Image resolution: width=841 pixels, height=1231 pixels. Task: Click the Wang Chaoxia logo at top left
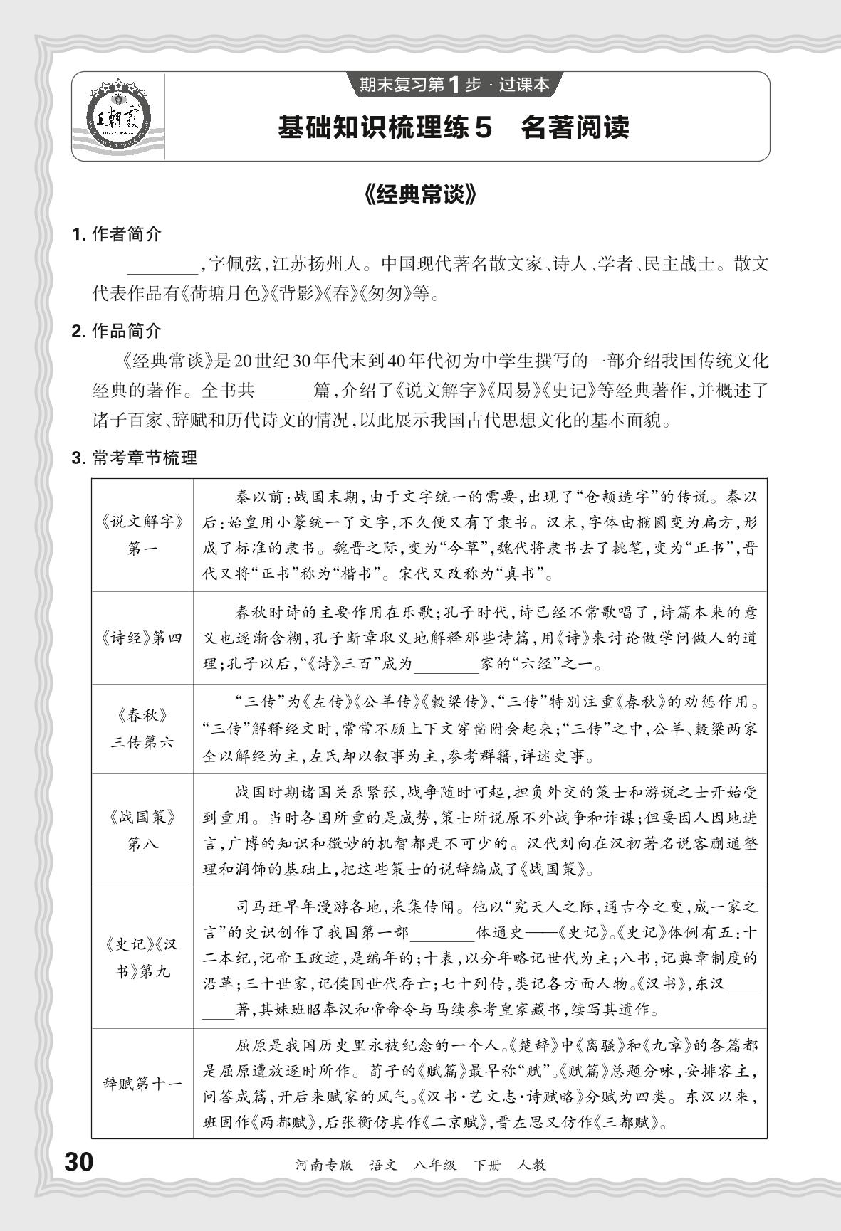pyautogui.click(x=118, y=117)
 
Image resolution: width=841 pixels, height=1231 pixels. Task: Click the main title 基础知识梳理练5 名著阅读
pyautogui.click(x=454, y=128)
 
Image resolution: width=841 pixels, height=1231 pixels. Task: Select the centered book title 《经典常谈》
pyautogui.click(x=419, y=196)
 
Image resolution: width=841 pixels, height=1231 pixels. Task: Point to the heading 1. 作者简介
pyautogui.click(x=117, y=234)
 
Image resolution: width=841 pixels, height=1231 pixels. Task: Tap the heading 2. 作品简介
pyautogui.click(x=117, y=330)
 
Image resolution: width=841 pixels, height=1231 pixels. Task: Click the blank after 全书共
pyautogui.click(x=283, y=392)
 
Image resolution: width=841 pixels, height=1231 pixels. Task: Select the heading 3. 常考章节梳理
pyautogui.click(x=135, y=458)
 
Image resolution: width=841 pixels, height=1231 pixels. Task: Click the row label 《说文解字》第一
pyautogui.click(x=142, y=534)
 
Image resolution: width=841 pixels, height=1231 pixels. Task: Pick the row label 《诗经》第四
pyautogui.click(x=142, y=638)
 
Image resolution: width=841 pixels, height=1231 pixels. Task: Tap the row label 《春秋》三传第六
pyautogui.click(x=142, y=729)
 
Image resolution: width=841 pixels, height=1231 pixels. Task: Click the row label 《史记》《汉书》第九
pyautogui.click(x=142, y=957)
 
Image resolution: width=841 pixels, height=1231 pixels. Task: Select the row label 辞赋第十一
pyautogui.click(x=142, y=1084)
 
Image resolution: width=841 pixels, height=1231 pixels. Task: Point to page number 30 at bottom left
pyautogui.click(x=79, y=1163)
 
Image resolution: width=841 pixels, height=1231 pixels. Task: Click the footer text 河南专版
pyautogui.click(x=323, y=1165)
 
